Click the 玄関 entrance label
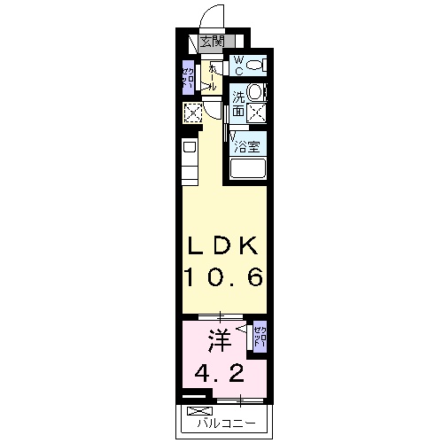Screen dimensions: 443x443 tap(211, 40)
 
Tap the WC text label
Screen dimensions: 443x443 tap(238, 64)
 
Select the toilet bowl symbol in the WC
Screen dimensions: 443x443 tap(256, 65)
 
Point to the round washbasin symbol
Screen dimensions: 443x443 tap(255, 91)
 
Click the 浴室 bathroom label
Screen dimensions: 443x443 tap(247, 147)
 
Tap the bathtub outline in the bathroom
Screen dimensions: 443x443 tap(249, 168)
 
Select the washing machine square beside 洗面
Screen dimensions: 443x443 tap(257, 112)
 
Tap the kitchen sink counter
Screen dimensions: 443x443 tap(190, 159)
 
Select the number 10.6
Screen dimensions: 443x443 tap(223, 277)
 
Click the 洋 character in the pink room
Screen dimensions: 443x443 tap(220, 339)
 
